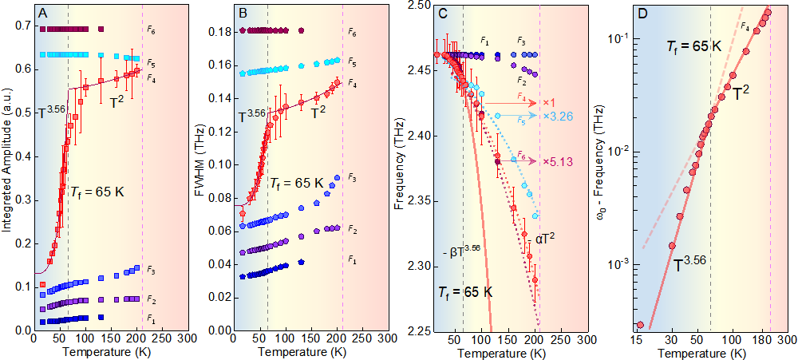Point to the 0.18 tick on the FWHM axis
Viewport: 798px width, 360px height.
pos(218,32)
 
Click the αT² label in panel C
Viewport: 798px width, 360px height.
pos(545,237)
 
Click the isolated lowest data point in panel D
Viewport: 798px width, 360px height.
pos(640,325)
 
